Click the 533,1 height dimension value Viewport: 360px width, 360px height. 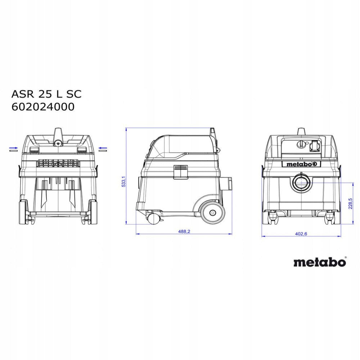pyautogui.click(x=123, y=181)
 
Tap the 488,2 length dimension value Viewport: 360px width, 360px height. pyautogui.click(x=184, y=231)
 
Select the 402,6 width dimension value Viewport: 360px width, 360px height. pyautogui.click(x=301, y=234)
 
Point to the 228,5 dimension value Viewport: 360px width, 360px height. pyautogui.click(x=350, y=203)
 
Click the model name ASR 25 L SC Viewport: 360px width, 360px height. pyautogui.click(x=46, y=94)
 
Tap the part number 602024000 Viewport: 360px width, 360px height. pyautogui.click(x=43, y=107)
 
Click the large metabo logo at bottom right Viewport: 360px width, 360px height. pyautogui.click(x=320, y=262)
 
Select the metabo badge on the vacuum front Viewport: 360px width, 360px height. pyautogui.click(x=301, y=164)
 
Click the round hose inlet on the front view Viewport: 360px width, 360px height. pyautogui.click(x=301, y=182)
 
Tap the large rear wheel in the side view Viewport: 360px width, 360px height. pyautogui.click(x=212, y=213)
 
